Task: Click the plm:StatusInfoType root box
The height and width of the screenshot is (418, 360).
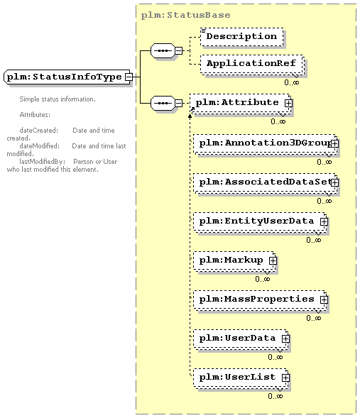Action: click(x=67, y=77)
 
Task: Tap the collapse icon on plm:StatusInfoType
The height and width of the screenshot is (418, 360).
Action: click(x=129, y=77)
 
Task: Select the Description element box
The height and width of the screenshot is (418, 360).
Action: click(x=242, y=36)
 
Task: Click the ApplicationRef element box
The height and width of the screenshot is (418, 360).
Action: click(x=252, y=65)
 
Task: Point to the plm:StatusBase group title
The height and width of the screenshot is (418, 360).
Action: click(x=185, y=15)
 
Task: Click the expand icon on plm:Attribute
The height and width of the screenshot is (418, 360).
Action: click(x=288, y=103)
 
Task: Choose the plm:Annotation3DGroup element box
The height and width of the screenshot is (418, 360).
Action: click(x=265, y=143)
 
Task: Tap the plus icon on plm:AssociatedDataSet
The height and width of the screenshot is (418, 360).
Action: click(x=334, y=182)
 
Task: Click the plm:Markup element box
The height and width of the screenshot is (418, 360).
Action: click(x=234, y=260)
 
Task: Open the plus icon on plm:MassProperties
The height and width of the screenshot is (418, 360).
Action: click(x=324, y=299)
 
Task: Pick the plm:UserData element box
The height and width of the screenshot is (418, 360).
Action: click(x=241, y=339)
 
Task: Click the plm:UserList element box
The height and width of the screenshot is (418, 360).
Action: click(x=241, y=378)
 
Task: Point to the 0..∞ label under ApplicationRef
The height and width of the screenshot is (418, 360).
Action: click(x=291, y=82)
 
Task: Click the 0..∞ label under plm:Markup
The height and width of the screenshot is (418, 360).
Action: click(x=263, y=279)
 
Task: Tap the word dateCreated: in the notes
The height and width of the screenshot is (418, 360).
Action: click(x=39, y=131)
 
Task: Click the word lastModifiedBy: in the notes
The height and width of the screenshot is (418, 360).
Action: click(x=42, y=162)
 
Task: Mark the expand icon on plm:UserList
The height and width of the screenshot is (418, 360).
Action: click(x=285, y=378)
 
